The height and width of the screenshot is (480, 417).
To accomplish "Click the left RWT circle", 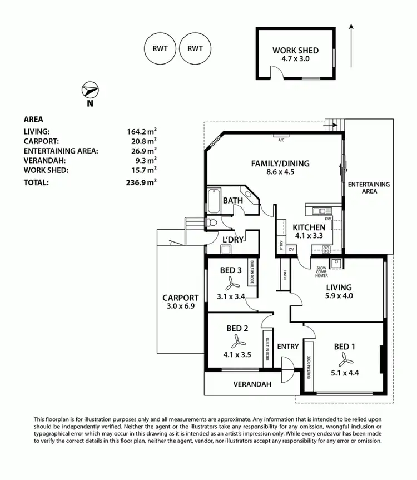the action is click(160, 48).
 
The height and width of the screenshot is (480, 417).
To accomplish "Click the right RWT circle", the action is click(195, 48).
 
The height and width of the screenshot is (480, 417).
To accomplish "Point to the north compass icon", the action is click(90, 91).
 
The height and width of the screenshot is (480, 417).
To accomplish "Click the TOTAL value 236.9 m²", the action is click(142, 182).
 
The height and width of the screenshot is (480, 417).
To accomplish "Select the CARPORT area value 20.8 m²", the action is click(142, 141).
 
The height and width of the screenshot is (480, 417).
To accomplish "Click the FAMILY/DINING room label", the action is click(280, 164).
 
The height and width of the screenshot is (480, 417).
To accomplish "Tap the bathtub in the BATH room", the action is click(214, 201).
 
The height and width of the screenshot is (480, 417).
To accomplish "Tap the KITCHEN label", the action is click(309, 227).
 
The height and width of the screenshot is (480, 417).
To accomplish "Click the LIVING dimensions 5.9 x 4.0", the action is click(339, 296).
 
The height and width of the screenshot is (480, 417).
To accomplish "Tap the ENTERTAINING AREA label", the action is click(369, 187).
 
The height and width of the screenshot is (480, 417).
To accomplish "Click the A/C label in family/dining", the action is click(281, 140).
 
